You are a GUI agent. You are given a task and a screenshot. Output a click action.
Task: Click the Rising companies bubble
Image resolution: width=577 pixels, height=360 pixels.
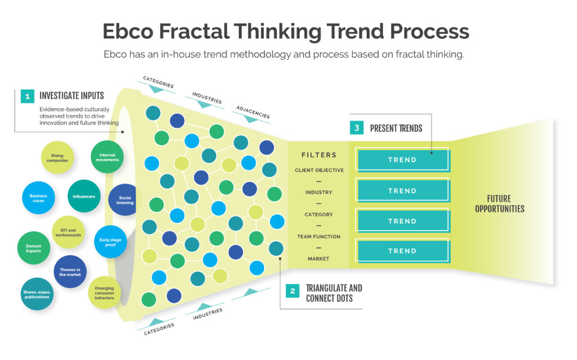pyautogui.click(x=57, y=158)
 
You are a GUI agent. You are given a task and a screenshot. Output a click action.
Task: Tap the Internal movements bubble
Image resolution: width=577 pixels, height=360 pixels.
pyautogui.click(x=107, y=157)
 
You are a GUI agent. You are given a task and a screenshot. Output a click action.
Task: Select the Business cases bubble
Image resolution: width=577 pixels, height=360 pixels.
pyautogui.click(x=38, y=198)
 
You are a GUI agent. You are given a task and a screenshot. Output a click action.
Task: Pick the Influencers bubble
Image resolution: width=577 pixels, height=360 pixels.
pyautogui.click(x=84, y=196)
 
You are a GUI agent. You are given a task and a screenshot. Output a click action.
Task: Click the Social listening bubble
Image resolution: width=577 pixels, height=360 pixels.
pyautogui.click(x=123, y=200)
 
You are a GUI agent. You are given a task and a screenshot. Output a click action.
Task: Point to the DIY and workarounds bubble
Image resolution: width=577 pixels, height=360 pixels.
pyautogui.click(x=68, y=232)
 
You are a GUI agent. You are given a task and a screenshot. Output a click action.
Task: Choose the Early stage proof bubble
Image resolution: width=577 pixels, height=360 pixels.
pyautogui.click(x=110, y=242)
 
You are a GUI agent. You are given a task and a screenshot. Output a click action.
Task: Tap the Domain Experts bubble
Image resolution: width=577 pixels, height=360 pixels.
pyautogui.click(x=33, y=248)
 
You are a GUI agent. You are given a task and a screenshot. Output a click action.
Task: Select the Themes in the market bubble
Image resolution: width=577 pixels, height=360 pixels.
pyautogui.click(x=70, y=272)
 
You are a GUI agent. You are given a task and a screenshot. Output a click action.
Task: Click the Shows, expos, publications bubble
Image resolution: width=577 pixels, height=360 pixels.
pyautogui.click(x=37, y=294)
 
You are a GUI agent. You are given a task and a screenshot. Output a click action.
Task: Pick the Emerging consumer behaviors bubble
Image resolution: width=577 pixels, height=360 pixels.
pyautogui.click(x=104, y=292)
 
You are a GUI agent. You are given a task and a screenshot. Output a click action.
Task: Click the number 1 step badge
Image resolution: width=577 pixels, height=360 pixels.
pyautogui.click(x=27, y=96)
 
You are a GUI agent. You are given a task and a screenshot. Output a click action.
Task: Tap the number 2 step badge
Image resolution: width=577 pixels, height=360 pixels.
pyautogui.click(x=292, y=291)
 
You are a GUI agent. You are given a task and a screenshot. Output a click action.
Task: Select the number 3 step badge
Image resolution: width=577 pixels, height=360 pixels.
pyautogui.click(x=357, y=128)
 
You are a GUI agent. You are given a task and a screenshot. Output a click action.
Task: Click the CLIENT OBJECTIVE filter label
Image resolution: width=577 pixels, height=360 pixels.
pyautogui.click(x=319, y=170)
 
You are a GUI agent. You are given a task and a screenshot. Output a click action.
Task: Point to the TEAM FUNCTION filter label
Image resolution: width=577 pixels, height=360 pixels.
pyautogui.click(x=319, y=237)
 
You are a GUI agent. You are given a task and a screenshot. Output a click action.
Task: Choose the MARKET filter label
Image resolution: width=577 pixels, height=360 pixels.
pyautogui.click(x=319, y=259)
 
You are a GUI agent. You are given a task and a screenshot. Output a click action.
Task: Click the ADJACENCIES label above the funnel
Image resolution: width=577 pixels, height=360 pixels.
pyautogui.click(x=253, y=112)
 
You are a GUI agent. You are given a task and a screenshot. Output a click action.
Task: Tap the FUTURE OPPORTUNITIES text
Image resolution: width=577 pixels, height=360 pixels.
pyautogui.click(x=499, y=203)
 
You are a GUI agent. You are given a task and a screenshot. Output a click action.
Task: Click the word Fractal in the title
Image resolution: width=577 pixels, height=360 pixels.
pyautogui.click(x=194, y=31)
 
